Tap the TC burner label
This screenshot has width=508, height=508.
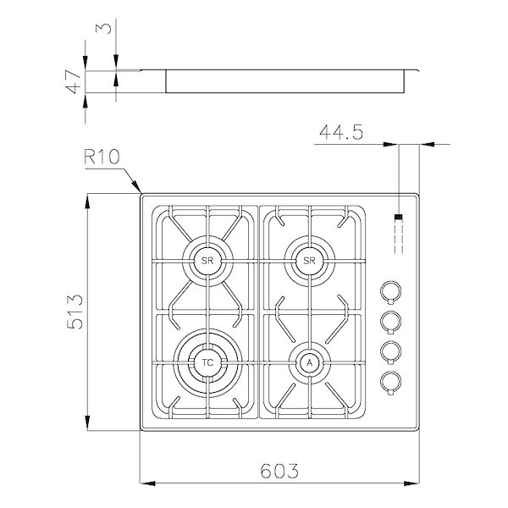(207, 362)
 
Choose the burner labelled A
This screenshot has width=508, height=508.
(309, 362)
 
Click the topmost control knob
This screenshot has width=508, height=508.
(389, 291)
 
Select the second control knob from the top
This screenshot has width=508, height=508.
(389, 321)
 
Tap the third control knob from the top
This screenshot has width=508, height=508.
(389, 351)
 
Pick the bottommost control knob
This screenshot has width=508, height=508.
(389, 380)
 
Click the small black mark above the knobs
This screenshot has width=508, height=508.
(398, 218)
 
